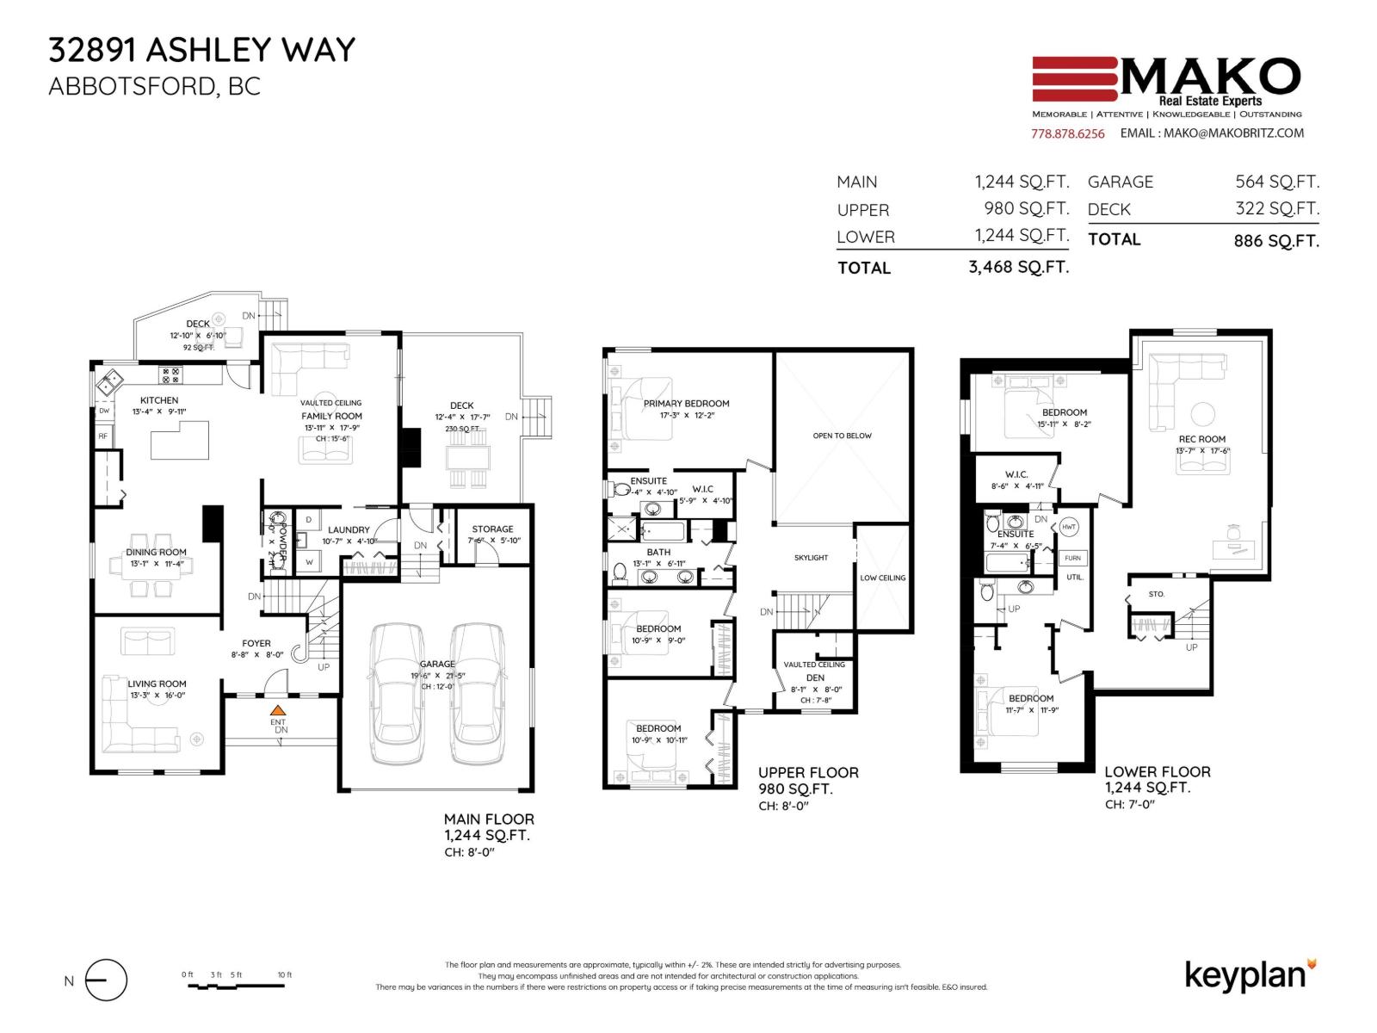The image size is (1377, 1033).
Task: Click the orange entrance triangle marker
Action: pyautogui.click(x=277, y=710)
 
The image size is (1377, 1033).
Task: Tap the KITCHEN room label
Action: pyautogui.click(x=159, y=400)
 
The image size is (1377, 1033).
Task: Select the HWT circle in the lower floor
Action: pyautogui.click(x=1068, y=527)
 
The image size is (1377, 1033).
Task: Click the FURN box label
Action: pyautogui.click(x=1072, y=558)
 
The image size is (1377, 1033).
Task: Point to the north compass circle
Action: pyautogui.click(x=106, y=980)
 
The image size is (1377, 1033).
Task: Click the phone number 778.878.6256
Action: pyautogui.click(x=1067, y=133)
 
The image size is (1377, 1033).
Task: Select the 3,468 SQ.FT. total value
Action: pyautogui.click(x=1018, y=267)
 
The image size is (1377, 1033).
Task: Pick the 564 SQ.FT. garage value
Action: pyautogui.click(x=1276, y=182)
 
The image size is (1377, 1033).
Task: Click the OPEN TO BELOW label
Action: pyautogui.click(x=842, y=436)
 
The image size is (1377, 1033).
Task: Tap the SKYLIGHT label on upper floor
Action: pyautogui.click(x=811, y=558)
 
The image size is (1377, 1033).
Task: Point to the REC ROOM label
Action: pyautogui.click(x=1201, y=439)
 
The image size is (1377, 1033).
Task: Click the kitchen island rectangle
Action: pyautogui.click(x=180, y=445)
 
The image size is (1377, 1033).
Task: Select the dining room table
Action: pyautogui.click(x=151, y=566)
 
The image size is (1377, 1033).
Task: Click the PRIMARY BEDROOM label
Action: pyautogui.click(x=686, y=403)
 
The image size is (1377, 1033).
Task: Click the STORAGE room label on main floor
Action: pyautogui.click(x=492, y=529)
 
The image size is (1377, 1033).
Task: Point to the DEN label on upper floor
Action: pyautogui.click(x=815, y=677)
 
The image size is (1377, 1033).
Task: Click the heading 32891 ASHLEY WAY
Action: pyautogui.click(x=201, y=50)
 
